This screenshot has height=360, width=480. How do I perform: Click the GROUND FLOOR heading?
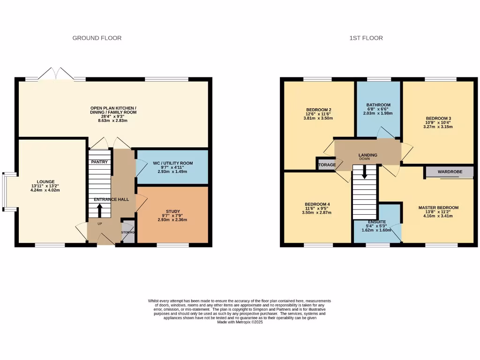[97, 38]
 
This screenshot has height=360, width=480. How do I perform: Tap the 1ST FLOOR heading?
[366, 38]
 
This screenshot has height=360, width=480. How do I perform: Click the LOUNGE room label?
[46, 182]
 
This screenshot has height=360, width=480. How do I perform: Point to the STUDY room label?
[172, 211]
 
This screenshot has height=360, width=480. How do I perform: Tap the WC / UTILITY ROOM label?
[172, 163]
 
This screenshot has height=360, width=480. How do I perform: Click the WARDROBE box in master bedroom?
[450, 172]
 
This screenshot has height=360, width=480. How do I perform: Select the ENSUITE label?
[377, 221]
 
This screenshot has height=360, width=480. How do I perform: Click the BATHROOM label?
[378, 105]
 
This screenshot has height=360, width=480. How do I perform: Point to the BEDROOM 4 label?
[317, 204]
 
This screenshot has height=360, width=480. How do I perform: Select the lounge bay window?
[5, 190]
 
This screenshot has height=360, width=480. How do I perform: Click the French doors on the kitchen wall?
[56, 75]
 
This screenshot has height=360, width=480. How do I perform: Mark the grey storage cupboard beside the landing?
[326, 165]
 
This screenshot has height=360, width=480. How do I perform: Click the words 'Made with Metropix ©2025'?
[240, 322]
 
